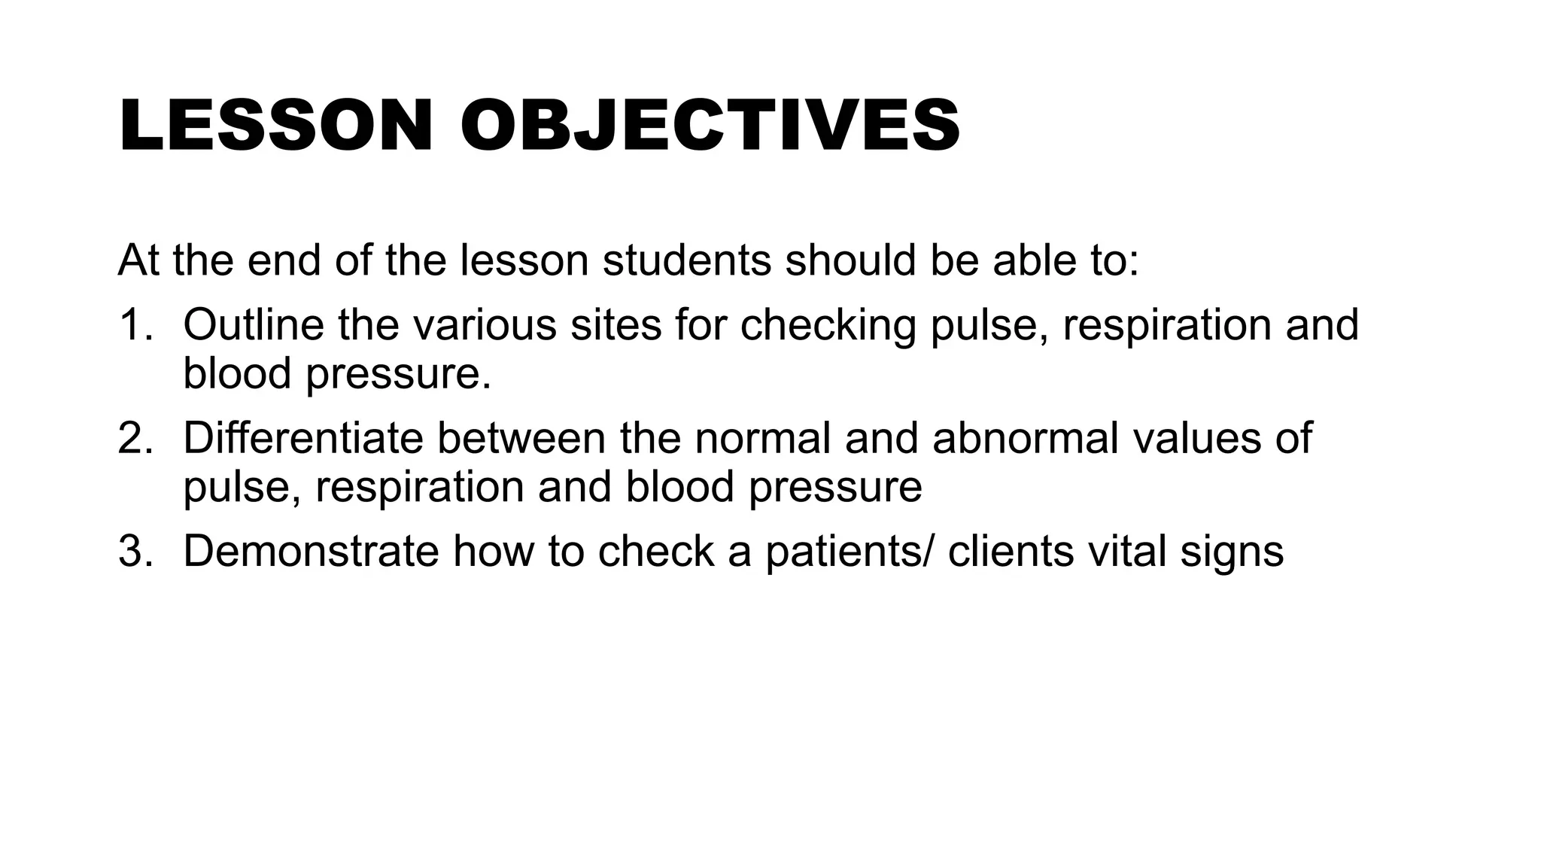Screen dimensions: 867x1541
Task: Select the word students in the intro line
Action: pyautogui.click(x=687, y=260)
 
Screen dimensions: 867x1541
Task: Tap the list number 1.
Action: pyautogui.click(x=135, y=325)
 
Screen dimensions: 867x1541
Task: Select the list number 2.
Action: pyautogui.click(x=135, y=438)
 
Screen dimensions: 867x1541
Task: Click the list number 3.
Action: pyautogui.click(x=135, y=551)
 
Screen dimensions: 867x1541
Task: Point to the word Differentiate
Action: pyautogui.click(x=303, y=438)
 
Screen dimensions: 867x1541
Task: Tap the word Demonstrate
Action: pyautogui.click(x=311, y=551)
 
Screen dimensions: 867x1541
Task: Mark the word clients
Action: pyautogui.click(x=1011, y=551)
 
